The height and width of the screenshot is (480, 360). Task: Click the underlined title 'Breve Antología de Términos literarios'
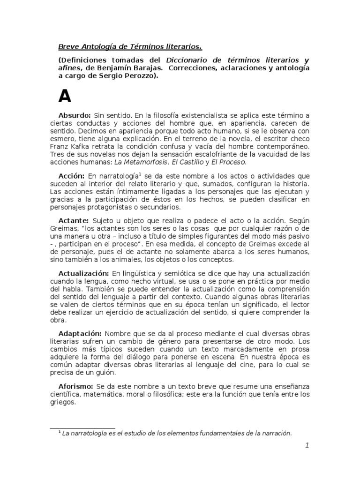point(130,47)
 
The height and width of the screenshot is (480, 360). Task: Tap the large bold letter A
point(65,96)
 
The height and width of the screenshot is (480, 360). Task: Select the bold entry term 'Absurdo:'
point(75,115)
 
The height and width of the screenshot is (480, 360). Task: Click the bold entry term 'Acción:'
point(72,175)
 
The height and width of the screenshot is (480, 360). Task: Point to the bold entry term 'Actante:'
point(74,220)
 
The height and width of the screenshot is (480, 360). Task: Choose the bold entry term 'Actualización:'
point(83,273)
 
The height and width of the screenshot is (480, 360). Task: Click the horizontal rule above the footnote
point(82,428)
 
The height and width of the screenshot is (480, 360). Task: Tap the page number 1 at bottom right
point(307,446)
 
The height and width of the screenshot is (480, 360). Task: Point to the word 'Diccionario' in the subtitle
point(188,60)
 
